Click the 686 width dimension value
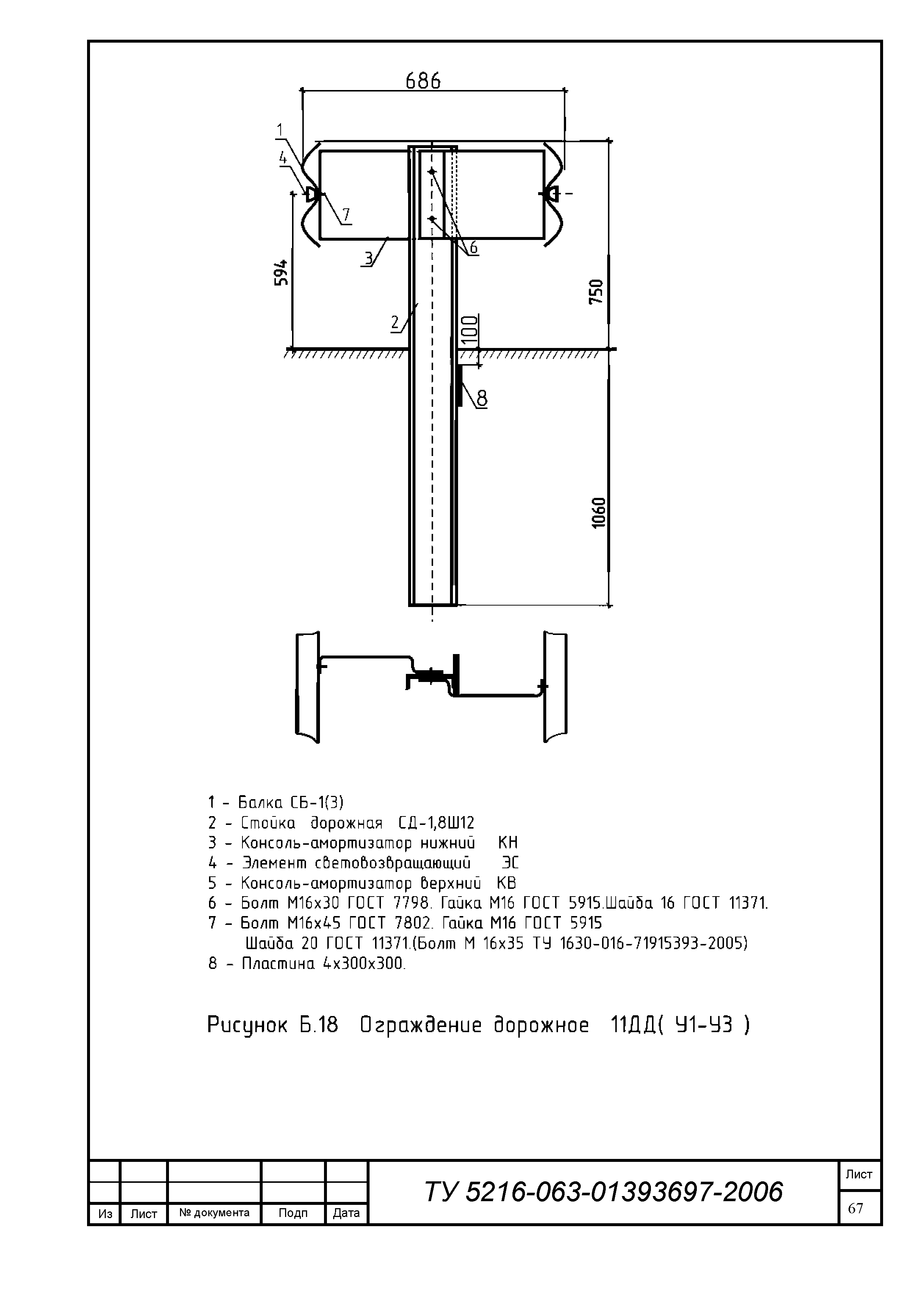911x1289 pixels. [x=423, y=82]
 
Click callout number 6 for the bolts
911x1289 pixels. [x=473, y=248]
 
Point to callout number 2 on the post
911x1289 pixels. [x=395, y=322]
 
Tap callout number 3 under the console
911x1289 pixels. [x=368, y=258]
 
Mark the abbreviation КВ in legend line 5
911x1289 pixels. [x=507, y=883]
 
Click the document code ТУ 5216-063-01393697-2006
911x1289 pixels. [x=604, y=1192]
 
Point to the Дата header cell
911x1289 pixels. [x=346, y=1213]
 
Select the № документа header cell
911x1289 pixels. [x=215, y=1213]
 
